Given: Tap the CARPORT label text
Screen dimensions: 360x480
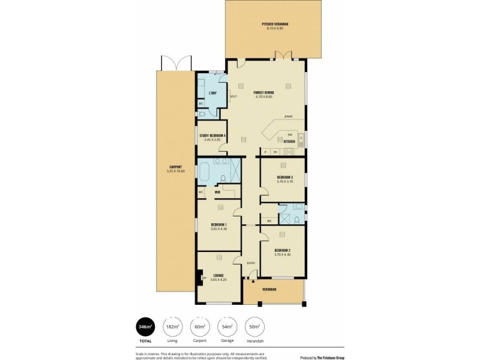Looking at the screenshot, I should [175, 167].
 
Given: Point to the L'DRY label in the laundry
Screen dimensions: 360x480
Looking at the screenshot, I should [212, 93].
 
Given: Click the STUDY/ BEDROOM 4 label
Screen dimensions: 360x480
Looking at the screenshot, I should [212, 136].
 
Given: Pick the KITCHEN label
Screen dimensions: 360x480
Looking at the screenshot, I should [289, 142].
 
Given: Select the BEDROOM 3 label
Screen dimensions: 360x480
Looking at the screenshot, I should [284, 177].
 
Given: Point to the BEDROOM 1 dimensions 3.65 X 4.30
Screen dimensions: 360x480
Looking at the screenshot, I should [218, 229].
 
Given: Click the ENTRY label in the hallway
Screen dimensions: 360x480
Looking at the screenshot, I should [251, 263].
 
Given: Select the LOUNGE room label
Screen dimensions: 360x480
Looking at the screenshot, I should [218, 275].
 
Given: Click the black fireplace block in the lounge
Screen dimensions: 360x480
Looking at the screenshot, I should [200, 278].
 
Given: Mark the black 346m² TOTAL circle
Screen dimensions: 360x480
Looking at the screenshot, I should [145, 327].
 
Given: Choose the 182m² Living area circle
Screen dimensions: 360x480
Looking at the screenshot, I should [172, 327].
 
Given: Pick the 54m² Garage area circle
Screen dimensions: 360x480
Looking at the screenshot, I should [227, 327].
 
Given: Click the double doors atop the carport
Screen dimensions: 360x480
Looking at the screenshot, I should [174, 64].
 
